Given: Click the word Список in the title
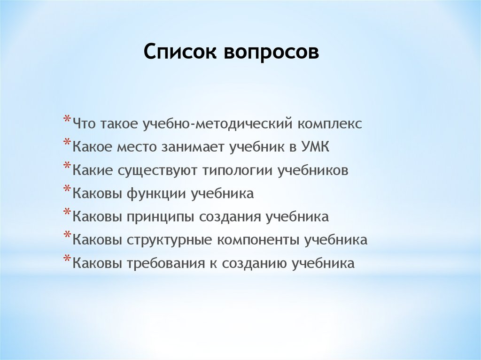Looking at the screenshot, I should click(180, 52).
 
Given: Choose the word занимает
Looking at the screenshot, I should click(194, 147).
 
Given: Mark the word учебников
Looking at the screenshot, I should click(313, 170).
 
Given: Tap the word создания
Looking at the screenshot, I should click(231, 217).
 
